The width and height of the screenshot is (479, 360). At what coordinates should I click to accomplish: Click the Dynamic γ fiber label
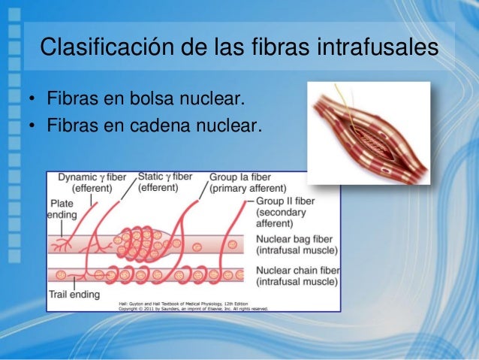92,177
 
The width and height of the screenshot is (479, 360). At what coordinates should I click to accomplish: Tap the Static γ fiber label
165,177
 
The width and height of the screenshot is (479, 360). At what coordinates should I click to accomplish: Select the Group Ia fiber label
240,177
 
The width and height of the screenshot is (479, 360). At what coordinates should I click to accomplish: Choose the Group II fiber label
285,201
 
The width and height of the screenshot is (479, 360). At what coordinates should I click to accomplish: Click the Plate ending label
62,209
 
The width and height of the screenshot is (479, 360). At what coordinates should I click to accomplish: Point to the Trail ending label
74,294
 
